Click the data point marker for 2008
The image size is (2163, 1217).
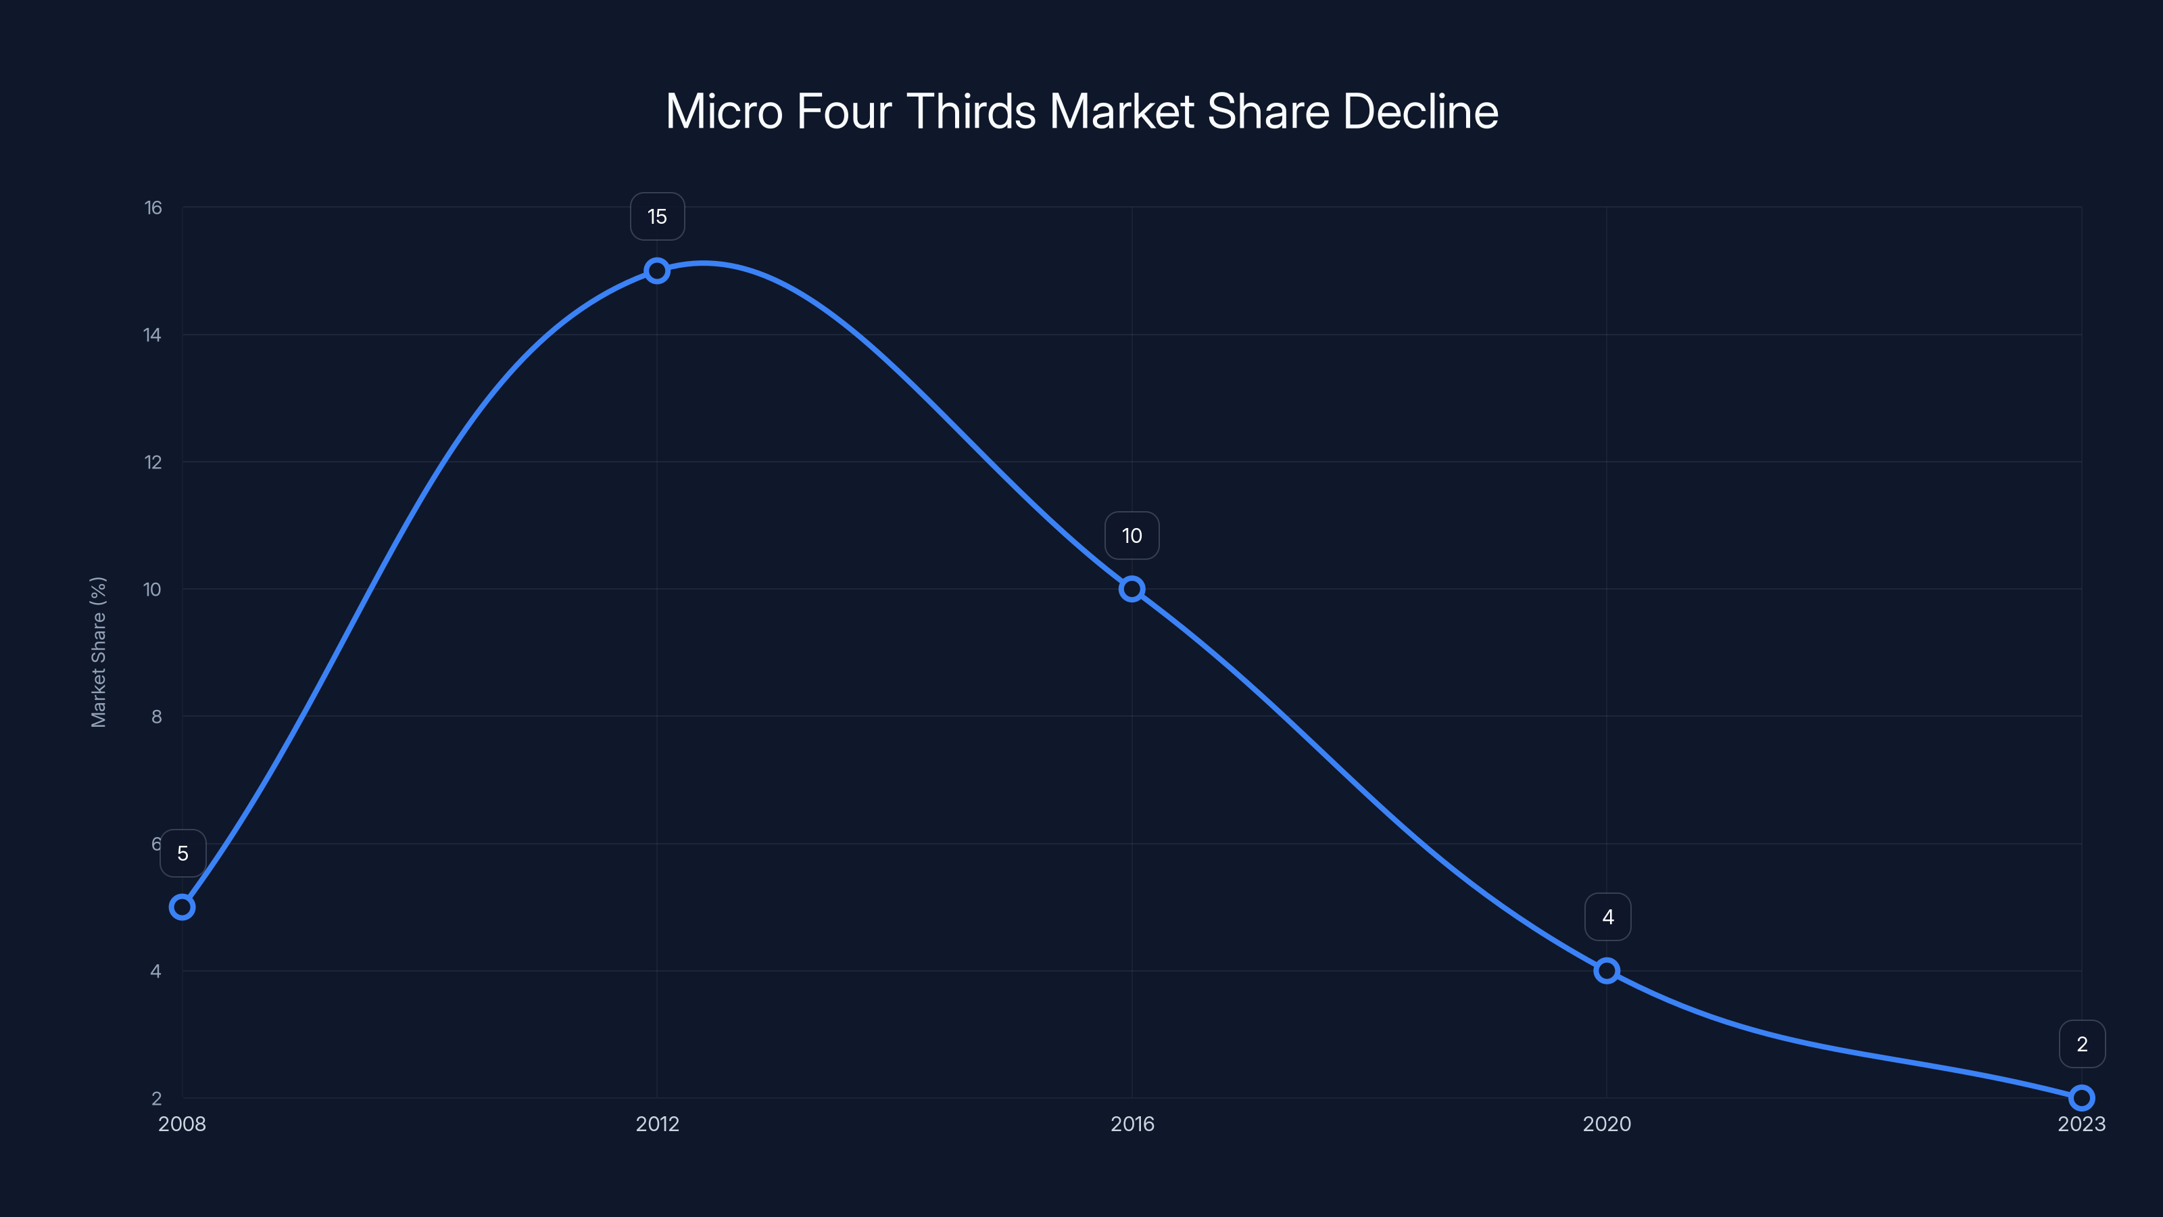[x=183, y=907]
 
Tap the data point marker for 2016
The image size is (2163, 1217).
[x=1132, y=589]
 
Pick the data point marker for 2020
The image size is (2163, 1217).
[x=1606, y=971]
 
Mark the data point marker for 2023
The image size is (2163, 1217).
[x=2082, y=1098]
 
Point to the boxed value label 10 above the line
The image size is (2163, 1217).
[x=1132, y=536]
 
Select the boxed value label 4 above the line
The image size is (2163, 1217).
[x=1607, y=917]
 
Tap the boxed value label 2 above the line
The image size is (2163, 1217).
[x=2082, y=1044]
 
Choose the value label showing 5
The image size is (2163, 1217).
[x=183, y=853]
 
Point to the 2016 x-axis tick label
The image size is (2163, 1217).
[x=1132, y=1124]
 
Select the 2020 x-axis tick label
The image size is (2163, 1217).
[x=1606, y=1124]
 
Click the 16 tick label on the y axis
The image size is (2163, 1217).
[x=153, y=208]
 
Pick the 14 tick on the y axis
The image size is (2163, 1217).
[x=152, y=335]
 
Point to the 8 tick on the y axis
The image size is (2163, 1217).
[x=156, y=717]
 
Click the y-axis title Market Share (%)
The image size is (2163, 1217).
[x=98, y=652]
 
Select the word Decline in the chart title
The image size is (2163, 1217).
[x=1420, y=112]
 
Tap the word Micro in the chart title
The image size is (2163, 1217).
[x=724, y=112]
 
